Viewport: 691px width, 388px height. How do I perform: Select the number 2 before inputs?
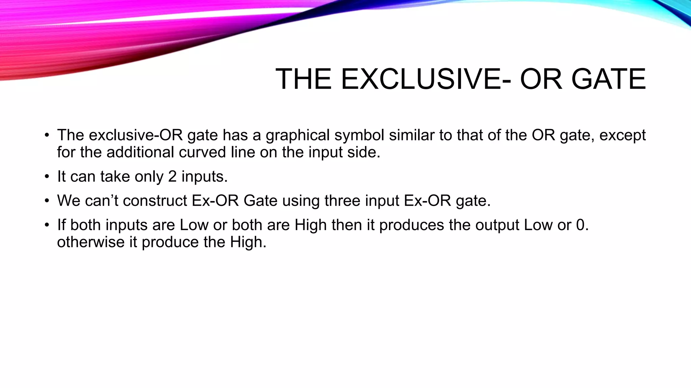(x=172, y=177)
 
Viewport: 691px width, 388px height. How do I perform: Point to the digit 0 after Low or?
(x=580, y=225)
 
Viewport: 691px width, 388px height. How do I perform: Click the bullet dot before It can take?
(x=47, y=177)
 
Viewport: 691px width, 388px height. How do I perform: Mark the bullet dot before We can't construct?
(x=47, y=201)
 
